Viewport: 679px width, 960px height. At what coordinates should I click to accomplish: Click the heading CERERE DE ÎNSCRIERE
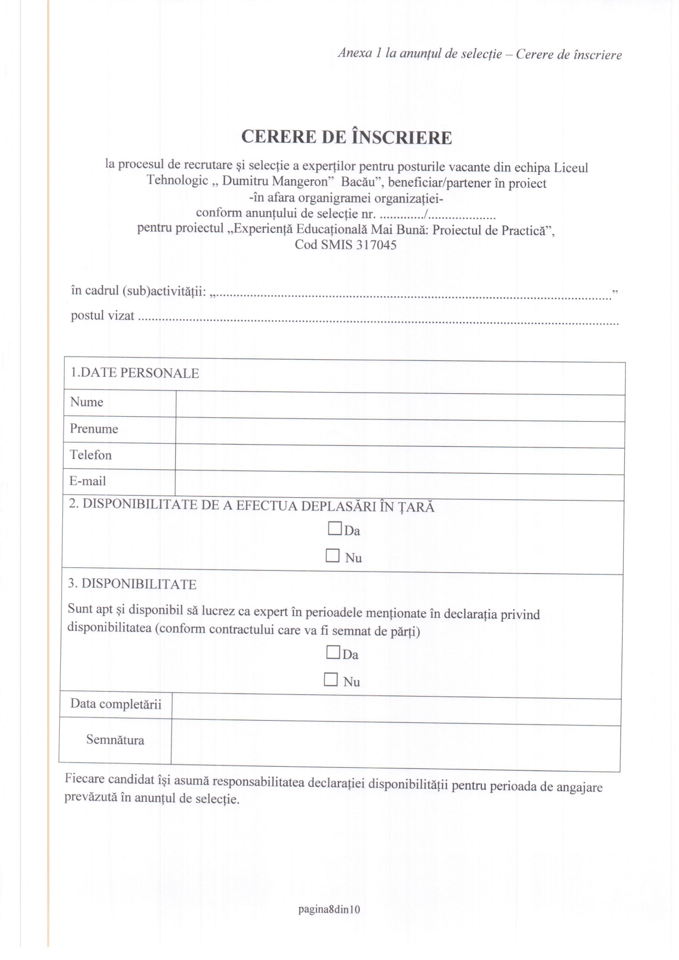pyautogui.click(x=347, y=137)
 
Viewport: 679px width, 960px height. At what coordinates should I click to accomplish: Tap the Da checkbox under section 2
pyautogui.click(x=334, y=528)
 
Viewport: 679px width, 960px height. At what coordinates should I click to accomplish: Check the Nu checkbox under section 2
pyautogui.click(x=332, y=556)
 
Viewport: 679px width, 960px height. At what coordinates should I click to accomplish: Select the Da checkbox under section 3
pyautogui.click(x=332, y=652)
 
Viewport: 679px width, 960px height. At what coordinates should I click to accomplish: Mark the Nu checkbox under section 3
pyautogui.click(x=331, y=680)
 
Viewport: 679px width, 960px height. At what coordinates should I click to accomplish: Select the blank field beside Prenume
pyautogui.click(x=400, y=433)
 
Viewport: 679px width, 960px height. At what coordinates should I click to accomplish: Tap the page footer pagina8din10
pyautogui.click(x=329, y=910)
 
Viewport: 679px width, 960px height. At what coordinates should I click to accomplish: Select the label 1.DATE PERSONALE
pyautogui.click(x=135, y=373)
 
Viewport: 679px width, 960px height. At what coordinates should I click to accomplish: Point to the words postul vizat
pyautogui.click(x=102, y=316)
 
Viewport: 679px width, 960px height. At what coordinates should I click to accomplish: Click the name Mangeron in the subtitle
pyautogui.click(x=300, y=182)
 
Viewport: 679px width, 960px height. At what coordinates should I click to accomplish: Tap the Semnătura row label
pyautogui.click(x=115, y=740)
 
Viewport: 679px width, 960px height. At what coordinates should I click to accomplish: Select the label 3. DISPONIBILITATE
pyautogui.click(x=132, y=584)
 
